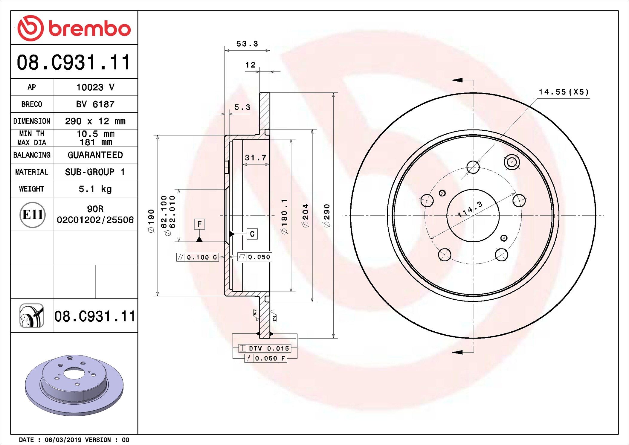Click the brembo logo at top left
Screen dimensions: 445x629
coord(74,28)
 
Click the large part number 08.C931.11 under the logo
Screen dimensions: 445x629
coord(74,63)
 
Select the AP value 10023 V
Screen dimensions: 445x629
coord(95,87)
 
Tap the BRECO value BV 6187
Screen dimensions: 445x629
coord(95,104)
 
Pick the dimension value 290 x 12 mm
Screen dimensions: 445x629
coord(95,121)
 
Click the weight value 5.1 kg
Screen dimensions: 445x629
coord(95,189)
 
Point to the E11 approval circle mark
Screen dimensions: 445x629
coord(32,215)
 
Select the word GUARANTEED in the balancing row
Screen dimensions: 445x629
coord(95,155)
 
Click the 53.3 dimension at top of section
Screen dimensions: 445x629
coord(247,44)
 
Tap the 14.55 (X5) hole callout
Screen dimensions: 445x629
coord(564,92)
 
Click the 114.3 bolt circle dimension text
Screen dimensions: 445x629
coord(470,209)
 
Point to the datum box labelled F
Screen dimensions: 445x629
coord(199,224)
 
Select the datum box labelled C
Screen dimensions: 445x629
coord(252,234)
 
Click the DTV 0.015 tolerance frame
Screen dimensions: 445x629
coord(264,348)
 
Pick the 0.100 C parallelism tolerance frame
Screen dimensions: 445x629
coord(198,257)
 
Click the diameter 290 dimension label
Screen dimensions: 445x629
coord(327,215)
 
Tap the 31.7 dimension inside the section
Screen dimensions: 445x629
coord(256,158)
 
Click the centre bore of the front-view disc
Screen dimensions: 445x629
coord(473,215)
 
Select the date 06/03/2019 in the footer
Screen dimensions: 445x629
coord(63,440)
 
